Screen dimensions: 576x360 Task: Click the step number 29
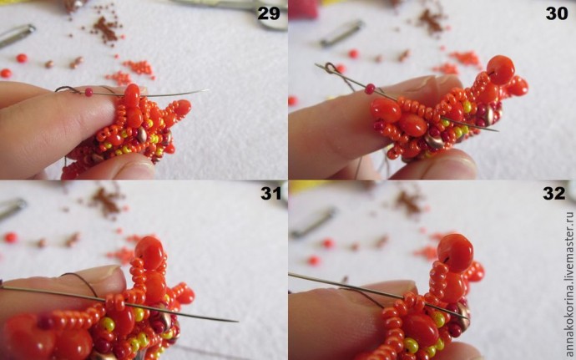(269, 13)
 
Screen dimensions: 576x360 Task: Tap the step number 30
(557, 13)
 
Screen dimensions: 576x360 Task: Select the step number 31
(271, 194)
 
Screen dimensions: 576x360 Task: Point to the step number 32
(554, 194)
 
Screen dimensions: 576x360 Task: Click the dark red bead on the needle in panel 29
(88, 92)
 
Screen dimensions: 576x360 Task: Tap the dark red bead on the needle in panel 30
(370, 89)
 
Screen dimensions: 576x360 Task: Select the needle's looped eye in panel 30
(330, 68)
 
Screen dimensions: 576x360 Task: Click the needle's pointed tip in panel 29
(208, 89)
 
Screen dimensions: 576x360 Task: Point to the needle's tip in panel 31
(236, 322)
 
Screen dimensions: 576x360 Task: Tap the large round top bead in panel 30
(500, 70)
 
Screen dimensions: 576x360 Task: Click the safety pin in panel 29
(17, 35)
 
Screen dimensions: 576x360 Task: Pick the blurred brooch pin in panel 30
(341, 33)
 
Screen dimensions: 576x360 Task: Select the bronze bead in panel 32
(463, 316)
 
